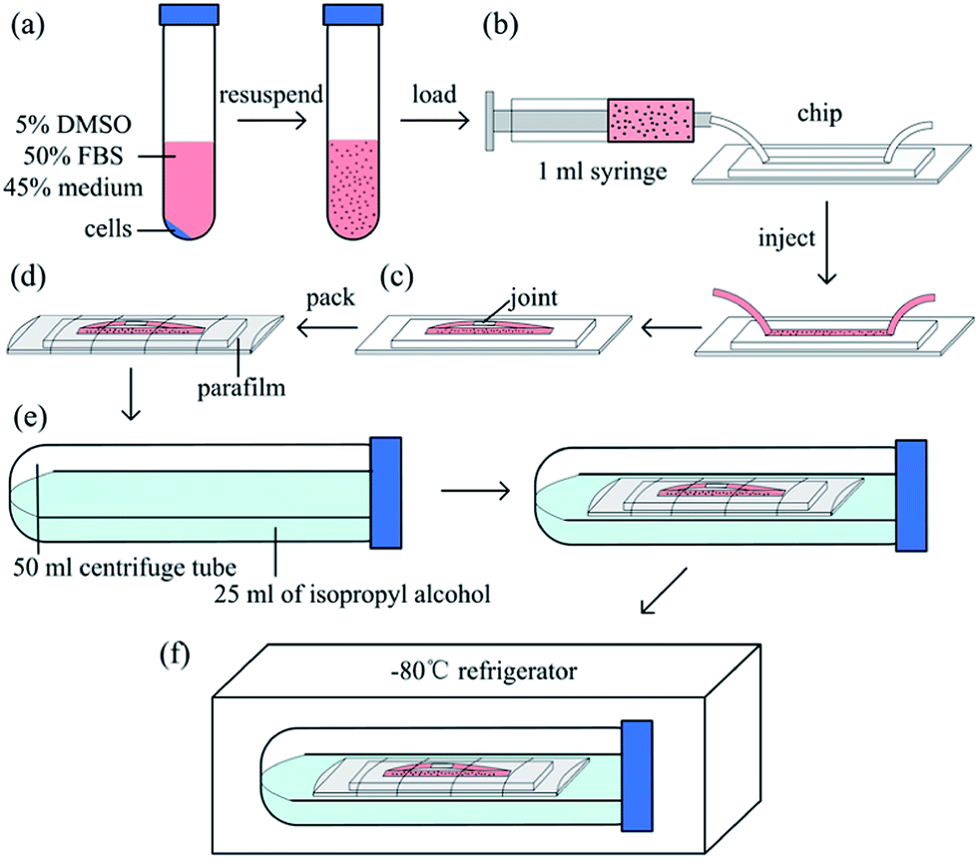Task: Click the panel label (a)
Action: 28,26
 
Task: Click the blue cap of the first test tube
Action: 184,13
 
